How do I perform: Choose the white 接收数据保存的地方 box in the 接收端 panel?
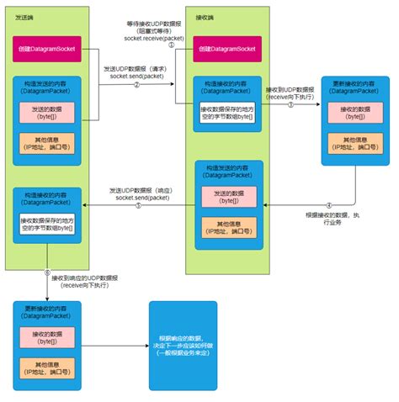click(223, 111)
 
